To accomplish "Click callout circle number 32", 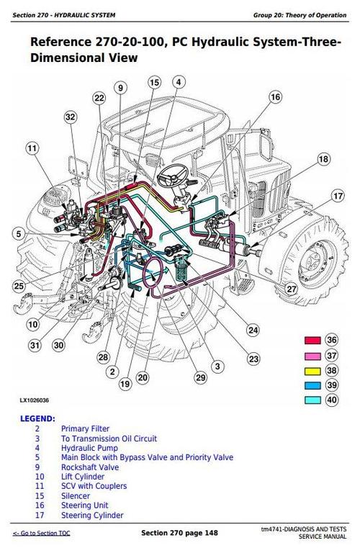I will [70, 117].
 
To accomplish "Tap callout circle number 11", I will [32, 149].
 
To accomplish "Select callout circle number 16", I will [275, 97].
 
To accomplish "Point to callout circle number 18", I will [323, 159].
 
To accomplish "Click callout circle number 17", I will [338, 196].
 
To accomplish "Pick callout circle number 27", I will [291, 289].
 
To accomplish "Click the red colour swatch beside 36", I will [312, 340].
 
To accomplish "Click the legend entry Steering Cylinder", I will [91, 515].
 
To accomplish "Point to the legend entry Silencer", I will [76, 495].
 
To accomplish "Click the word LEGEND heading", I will [36, 418].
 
